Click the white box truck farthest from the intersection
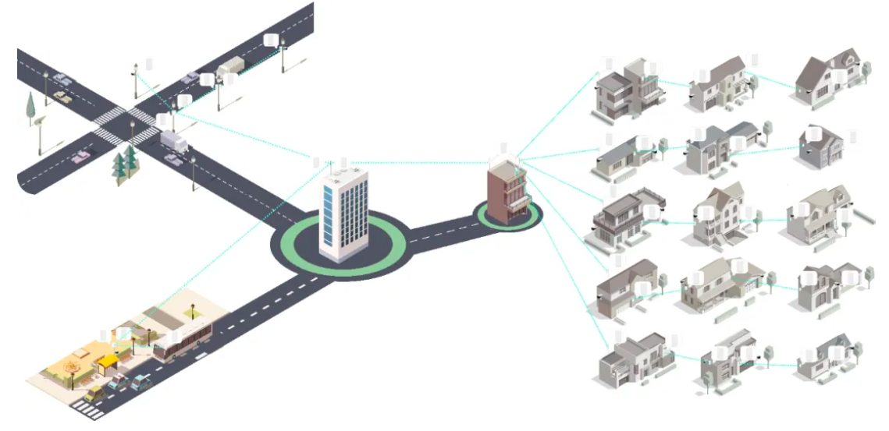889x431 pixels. pyautogui.click(x=230, y=67)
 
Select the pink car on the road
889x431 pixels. pyautogui.click(x=80, y=157)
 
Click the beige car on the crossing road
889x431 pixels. pyautogui.click(x=62, y=98)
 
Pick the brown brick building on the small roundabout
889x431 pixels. pyautogui.click(x=507, y=193)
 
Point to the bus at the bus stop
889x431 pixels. pyautogui.click(x=183, y=343)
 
